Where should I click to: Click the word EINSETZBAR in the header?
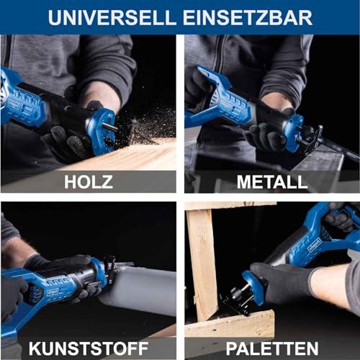248,17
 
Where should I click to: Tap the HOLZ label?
89,181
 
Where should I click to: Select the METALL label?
271,181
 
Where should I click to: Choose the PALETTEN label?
271,348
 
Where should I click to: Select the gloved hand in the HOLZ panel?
68,137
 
